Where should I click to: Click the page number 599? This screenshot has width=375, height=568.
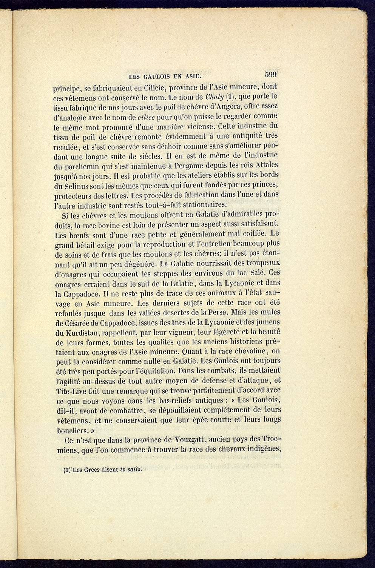(271, 74)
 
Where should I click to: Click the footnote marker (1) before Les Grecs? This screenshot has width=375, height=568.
(67, 470)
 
